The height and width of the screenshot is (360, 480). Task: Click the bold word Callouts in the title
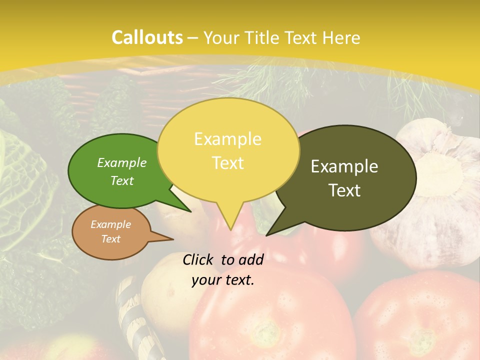[147, 37]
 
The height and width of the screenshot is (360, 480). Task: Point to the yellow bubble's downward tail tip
[230, 229]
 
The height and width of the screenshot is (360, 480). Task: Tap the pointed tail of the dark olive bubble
[268, 234]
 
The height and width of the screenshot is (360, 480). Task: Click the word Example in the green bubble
[122, 162]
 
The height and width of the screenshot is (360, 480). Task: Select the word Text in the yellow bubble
[228, 163]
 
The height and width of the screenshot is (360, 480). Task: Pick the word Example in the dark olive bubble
[344, 166]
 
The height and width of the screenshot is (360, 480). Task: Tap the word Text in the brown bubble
[111, 239]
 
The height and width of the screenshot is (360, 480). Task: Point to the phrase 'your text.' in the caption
[223, 280]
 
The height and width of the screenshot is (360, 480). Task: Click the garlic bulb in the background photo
[435, 190]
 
